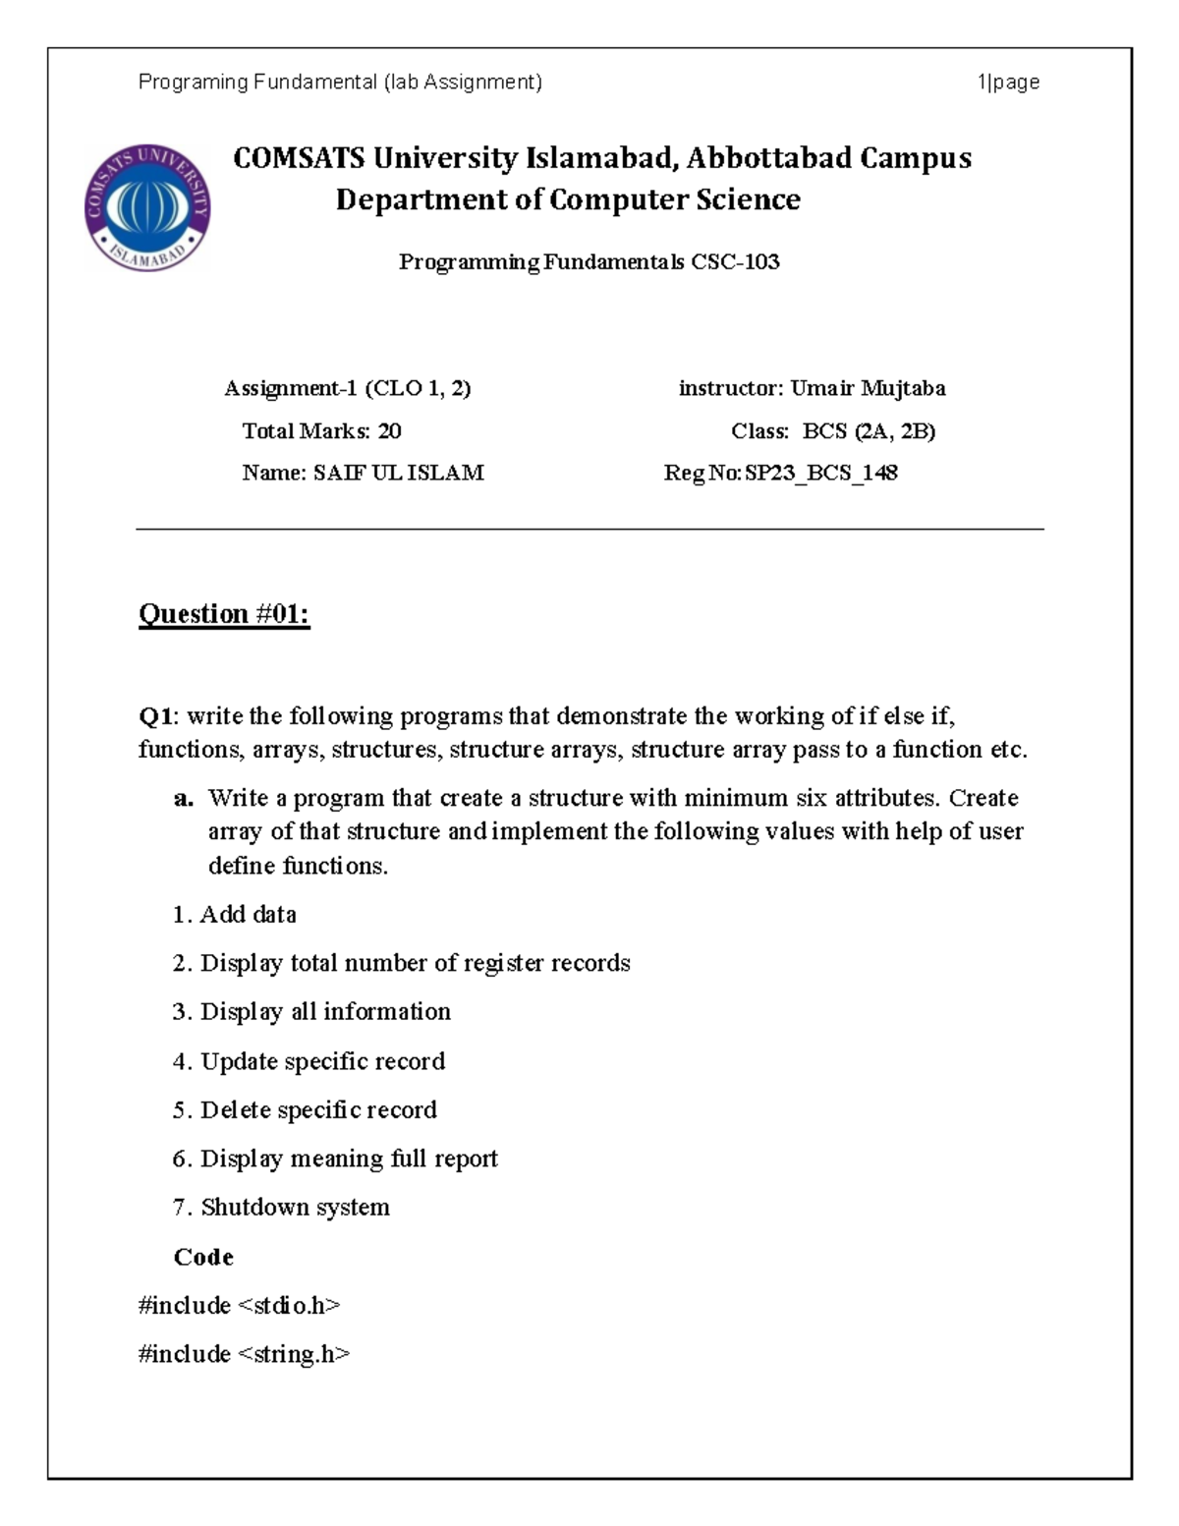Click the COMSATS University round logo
[147, 208]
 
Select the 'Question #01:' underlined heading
[224, 614]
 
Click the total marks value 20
[389, 431]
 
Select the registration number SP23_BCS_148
[821, 474]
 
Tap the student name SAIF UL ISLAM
[398, 474]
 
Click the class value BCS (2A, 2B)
[869, 431]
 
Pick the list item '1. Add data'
[234, 915]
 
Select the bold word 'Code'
[203, 1258]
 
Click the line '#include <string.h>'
[244, 1355]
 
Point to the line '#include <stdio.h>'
[239, 1306]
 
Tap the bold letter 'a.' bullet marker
[183, 798]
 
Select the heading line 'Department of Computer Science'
[568, 200]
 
